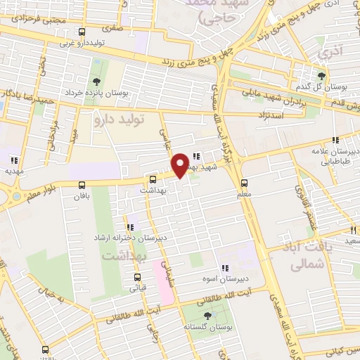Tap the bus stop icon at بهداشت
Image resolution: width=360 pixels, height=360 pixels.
(x=153, y=179)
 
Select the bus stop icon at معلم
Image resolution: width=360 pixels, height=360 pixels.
(x=243, y=178)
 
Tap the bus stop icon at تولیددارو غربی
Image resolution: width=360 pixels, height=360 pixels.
(x=82, y=32)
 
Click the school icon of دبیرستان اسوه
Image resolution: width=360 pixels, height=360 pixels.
(x=225, y=268)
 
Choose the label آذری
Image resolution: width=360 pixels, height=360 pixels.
(x=328, y=53)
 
